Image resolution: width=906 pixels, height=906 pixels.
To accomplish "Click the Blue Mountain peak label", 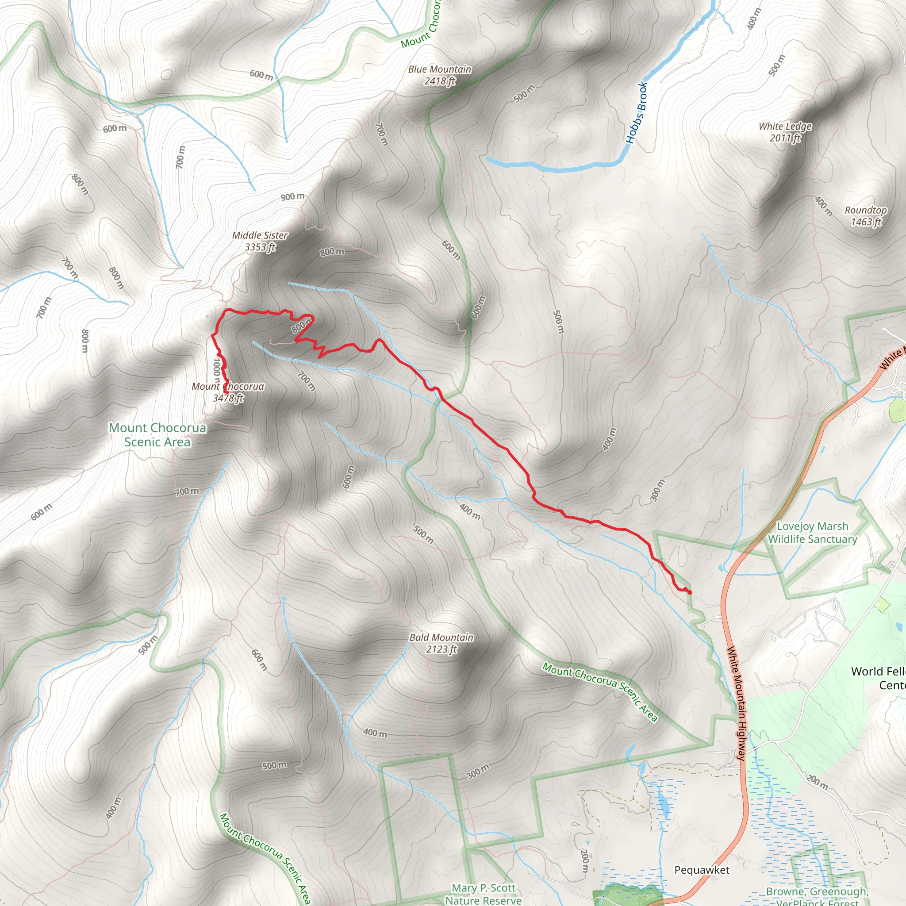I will [x=439, y=69].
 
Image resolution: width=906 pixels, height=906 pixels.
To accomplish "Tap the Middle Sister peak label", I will [x=260, y=235].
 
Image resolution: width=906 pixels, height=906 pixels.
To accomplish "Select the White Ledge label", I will [x=785, y=126].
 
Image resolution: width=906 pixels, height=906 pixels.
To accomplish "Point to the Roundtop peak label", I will [x=866, y=210].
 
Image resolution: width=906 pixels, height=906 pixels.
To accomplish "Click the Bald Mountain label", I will [x=441, y=637].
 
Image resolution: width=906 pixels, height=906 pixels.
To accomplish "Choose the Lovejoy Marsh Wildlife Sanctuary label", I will [x=812, y=533].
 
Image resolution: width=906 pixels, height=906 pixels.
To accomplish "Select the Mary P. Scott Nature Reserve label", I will [x=484, y=894].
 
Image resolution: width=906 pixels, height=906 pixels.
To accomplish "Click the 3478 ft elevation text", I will [x=228, y=398].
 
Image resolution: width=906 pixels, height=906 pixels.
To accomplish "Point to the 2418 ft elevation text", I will [x=439, y=81].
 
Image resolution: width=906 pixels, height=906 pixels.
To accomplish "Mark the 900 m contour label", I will [x=292, y=196].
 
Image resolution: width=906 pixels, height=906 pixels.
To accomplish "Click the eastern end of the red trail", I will [x=690, y=593].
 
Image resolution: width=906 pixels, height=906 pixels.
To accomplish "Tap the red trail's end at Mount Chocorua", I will [x=226, y=392].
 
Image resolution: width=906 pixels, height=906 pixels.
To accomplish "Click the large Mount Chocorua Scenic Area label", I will [x=157, y=435].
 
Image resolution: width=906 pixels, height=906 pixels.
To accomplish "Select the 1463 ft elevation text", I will [x=866, y=222].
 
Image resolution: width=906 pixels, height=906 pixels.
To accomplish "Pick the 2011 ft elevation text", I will [x=785, y=138].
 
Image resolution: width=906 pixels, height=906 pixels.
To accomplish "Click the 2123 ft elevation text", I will [x=441, y=649].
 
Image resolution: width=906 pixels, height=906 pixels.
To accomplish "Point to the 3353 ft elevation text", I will [x=260, y=247].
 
